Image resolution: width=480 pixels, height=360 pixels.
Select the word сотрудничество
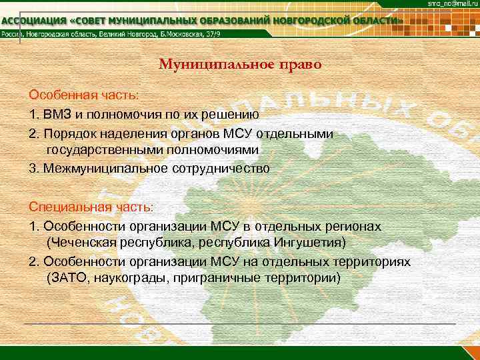[221, 169]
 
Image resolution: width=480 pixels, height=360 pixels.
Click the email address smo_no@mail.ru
[451, 5]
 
